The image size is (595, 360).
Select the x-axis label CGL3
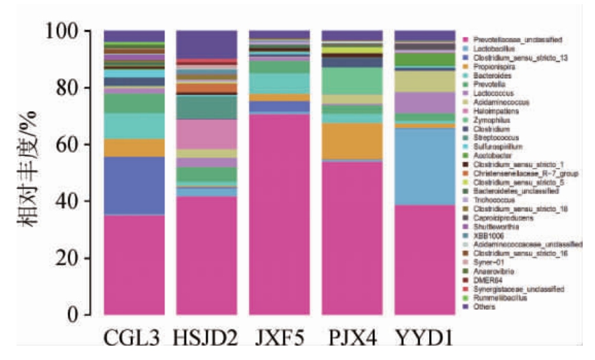pyautogui.click(x=134, y=338)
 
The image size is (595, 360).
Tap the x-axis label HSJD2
pyautogui.click(x=206, y=338)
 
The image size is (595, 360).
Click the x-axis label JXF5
pyautogui.click(x=278, y=338)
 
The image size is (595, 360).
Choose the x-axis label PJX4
pyautogui.click(x=351, y=338)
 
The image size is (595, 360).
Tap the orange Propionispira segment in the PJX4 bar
pyautogui.click(x=352, y=141)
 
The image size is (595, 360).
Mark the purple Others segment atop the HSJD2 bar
pyautogui.click(x=206, y=45)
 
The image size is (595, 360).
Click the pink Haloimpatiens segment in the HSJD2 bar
pyautogui.click(x=206, y=134)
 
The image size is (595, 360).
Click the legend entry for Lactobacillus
pyautogui.click(x=491, y=49)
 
